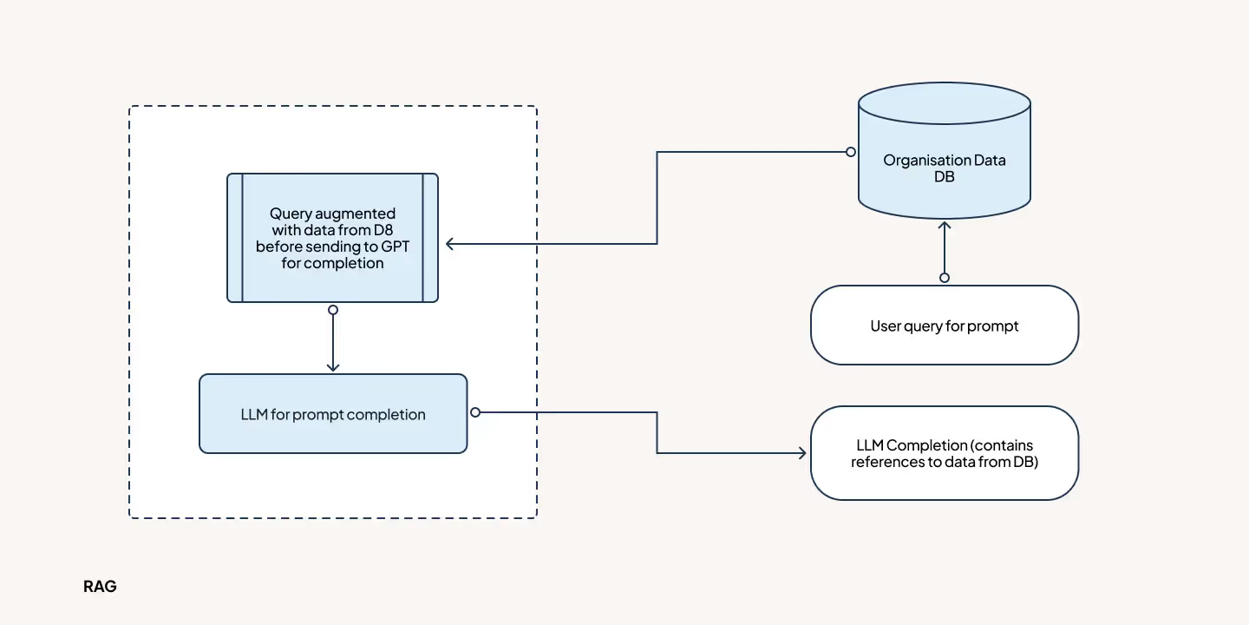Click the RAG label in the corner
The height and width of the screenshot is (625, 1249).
(100, 587)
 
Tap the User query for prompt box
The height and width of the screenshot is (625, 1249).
(945, 326)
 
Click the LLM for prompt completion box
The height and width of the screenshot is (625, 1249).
(333, 414)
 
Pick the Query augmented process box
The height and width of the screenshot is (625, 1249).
(332, 238)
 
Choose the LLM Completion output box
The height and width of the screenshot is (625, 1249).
(945, 453)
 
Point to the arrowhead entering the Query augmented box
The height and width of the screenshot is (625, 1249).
(451, 244)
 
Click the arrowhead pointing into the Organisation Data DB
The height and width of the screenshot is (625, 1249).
(945, 226)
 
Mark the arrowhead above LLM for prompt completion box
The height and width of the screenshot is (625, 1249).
(333, 366)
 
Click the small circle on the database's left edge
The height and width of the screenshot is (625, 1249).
(852, 153)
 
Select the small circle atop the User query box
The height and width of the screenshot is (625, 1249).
(945, 278)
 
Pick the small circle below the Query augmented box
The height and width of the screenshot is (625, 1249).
(333, 310)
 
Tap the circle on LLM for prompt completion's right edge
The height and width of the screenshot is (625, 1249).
(474, 412)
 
